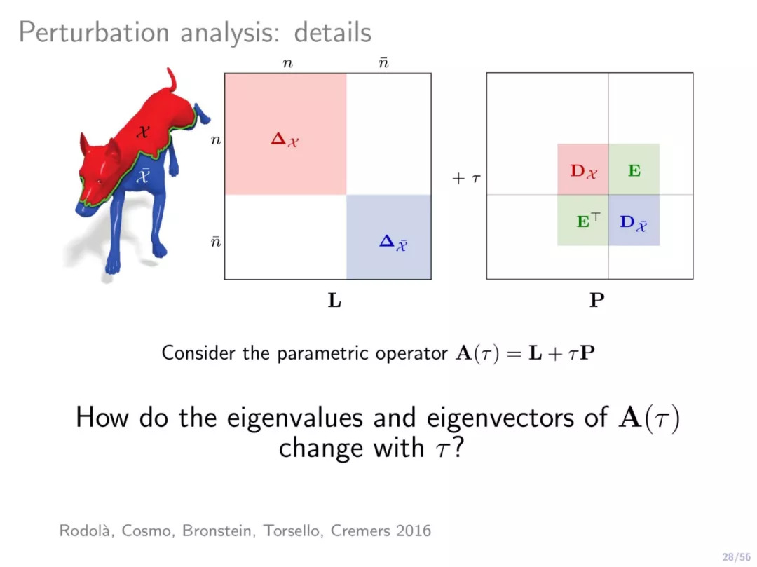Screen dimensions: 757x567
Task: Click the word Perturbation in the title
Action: [94, 33]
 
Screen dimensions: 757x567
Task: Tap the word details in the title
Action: [333, 33]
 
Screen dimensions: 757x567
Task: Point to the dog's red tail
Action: [172, 80]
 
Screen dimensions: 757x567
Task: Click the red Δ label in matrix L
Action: [285, 140]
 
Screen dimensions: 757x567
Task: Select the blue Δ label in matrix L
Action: [393, 242]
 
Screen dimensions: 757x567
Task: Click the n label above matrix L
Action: [288, 63]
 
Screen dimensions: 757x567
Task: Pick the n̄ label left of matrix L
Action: [215, 241]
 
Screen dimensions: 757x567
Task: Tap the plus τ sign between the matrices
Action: [466, 179]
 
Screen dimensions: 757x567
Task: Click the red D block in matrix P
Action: [582, 170]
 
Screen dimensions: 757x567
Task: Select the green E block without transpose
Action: [634, 170]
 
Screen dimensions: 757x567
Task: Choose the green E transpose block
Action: [582, 220]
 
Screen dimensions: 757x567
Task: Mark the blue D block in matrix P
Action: [634, 220]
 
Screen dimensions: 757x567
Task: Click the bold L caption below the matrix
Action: [334, 300]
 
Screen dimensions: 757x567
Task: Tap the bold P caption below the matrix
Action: [596, 300]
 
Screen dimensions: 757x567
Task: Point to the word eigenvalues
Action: [294, 418]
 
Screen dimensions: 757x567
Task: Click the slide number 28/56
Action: [737, 557]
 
